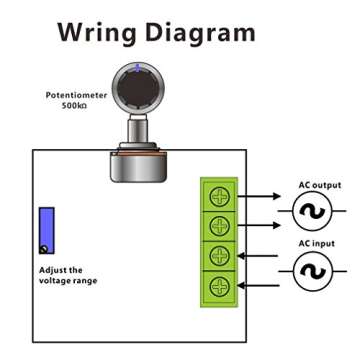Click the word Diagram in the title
coord(202,32)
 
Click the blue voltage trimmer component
coord(46,231)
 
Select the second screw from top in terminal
coord(217,225)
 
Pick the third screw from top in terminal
coord(217,256)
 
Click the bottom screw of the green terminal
coord(217,287)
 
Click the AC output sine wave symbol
coord(311,210)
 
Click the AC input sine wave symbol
coord(311,272)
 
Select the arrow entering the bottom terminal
coord(262,287)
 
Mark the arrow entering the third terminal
coord(262,256)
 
